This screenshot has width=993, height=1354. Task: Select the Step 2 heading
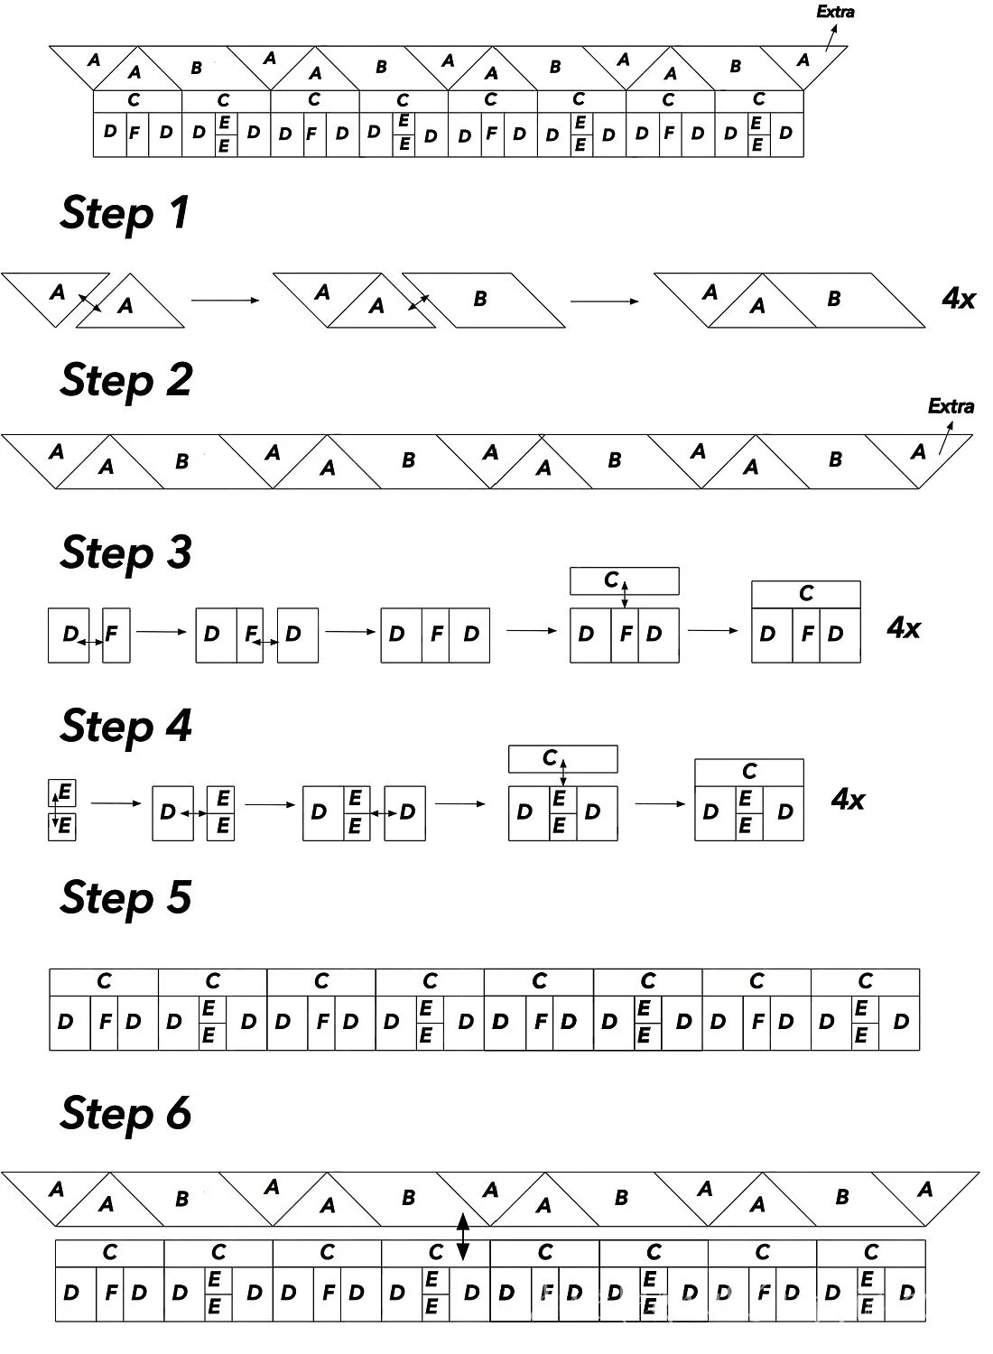tap(126, 381)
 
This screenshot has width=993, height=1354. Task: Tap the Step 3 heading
tap(126, 553)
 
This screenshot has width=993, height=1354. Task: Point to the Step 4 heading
tap(126, 727)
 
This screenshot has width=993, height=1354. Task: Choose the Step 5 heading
tap(126, 898)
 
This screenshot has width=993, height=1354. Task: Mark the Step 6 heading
tap(126, 1113)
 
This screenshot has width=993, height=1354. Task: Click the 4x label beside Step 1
tap(959, 298)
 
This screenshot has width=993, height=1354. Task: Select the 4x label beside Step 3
tap(904, 627)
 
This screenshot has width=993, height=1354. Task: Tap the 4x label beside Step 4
tap(848, 799)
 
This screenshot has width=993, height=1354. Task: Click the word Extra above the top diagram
tap(835, 13)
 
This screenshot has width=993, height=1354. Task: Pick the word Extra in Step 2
tap(951, 406)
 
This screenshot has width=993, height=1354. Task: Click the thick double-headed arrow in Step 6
tap(462, 1237)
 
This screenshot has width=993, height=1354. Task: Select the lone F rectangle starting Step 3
tap(116, 635)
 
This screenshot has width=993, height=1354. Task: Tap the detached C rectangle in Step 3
tap(625, 581)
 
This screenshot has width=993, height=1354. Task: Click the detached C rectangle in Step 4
tap(563, 758)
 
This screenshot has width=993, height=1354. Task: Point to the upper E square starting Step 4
tap(62, 793)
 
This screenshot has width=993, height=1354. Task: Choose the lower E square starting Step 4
tap(62, 826)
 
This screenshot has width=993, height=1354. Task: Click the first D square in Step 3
tap(69, 635)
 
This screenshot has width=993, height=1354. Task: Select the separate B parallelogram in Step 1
tap(483, 299)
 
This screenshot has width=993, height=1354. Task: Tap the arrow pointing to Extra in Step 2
tap(944, 438)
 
